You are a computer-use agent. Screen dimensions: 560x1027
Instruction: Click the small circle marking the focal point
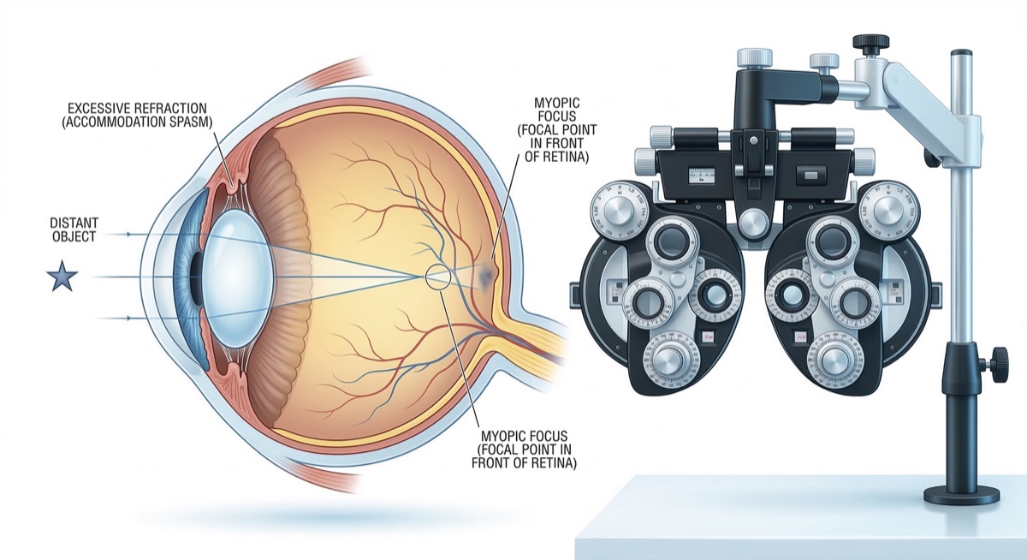[438, 276]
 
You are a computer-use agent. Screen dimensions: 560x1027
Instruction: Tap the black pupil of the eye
[196, 278]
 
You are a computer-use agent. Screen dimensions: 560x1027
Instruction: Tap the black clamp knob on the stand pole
[995, 365]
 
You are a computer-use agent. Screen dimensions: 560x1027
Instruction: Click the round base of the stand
[962, 494]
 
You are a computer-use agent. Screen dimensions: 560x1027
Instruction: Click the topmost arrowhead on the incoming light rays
[128, 234]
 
